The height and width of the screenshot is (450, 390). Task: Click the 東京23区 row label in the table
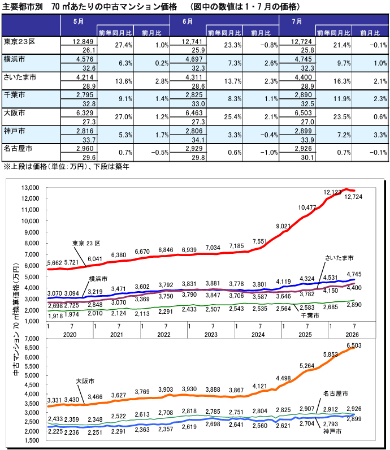pos(20,42)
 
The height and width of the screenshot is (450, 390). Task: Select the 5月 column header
pos(78,21)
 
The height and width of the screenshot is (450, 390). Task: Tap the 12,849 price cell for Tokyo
pos(83,41)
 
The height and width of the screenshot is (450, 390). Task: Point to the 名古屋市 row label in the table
pos(18,149)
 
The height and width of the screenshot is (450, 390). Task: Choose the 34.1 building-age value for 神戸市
pos(198,140)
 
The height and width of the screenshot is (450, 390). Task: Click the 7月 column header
pos(297,21)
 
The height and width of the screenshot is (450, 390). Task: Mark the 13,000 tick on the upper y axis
pos(30,188)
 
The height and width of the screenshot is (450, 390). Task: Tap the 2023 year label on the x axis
pos(211,335)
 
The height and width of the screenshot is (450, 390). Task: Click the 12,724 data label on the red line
pos(353,197)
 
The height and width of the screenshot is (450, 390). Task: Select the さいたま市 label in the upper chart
pos(339,258)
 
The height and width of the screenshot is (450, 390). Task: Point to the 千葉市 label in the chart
pos(310,315)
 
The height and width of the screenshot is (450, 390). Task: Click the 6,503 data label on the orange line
pos(354,345)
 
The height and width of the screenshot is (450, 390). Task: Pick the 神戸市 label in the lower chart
pos(332,431)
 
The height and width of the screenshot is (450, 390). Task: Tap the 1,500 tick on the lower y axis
pos(32,440)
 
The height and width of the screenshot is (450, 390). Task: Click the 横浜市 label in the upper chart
pos(98,279)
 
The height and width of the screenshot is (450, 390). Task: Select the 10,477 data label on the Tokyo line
pos(307,207)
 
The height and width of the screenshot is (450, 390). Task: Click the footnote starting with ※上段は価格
pos(66,166)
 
